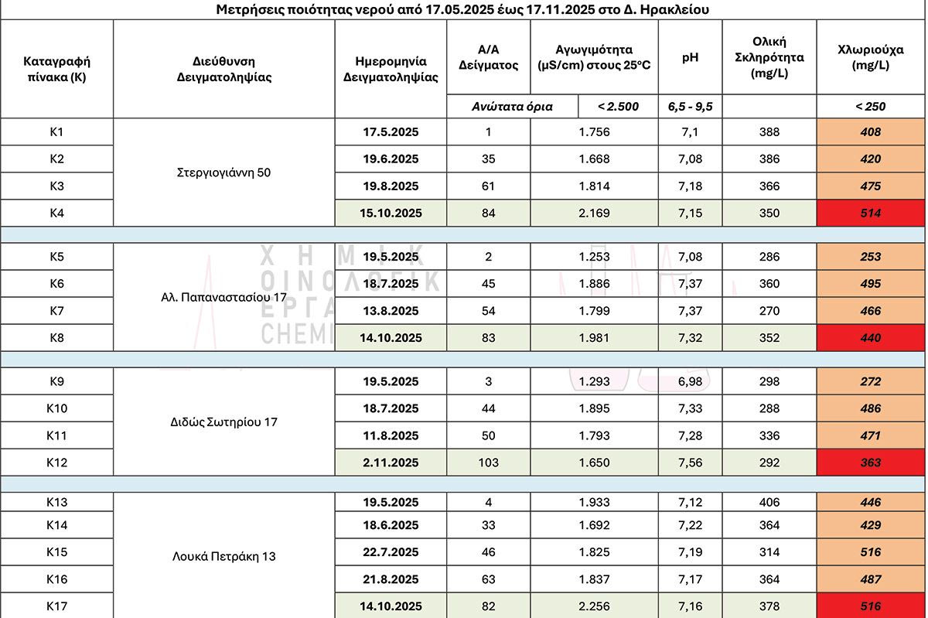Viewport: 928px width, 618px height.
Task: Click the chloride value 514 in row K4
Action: (x=870, y=213)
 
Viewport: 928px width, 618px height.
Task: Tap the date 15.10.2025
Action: (x=391, y=213)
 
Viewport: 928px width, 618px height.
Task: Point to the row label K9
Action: (x=56, y=381)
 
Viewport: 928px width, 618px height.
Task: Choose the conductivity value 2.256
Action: (x=594, y=606)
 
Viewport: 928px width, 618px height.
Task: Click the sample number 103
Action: (x=488, y=463)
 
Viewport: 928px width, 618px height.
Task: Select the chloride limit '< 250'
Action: (x=870, y=107)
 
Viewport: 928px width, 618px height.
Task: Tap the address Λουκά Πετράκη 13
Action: (x=223, y=556)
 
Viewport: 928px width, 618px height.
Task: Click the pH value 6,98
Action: (x=690, y=381)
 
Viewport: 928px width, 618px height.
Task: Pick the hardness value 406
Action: (x=769, y=502)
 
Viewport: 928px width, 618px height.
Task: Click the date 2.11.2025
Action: (x=391, y=463)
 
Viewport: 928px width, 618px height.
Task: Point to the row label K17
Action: (x=56, y=606)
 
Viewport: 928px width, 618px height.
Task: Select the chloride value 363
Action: (x=870, y=463)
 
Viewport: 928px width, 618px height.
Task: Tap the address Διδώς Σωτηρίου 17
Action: (x=223, y=422)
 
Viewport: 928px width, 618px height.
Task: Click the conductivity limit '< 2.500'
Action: (x=618, y=107)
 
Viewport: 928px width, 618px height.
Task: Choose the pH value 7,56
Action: (x=690, y=463)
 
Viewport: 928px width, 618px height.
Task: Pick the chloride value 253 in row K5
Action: (x=870, y=257)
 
